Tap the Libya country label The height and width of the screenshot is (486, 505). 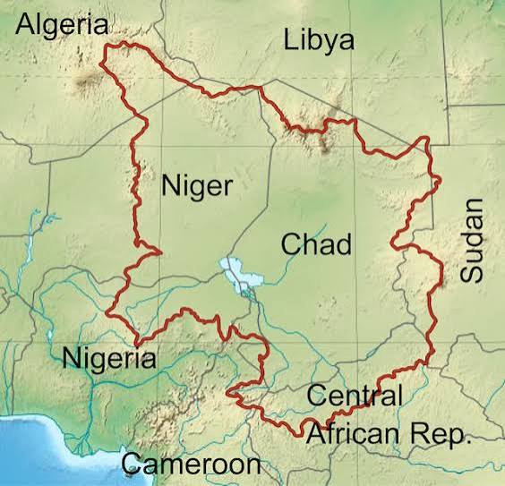(x=318, y=40)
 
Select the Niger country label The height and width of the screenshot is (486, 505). (x=196, y=187)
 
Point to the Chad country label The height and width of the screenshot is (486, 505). (x=315, y=243)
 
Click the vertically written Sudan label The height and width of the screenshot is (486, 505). (x=471, y=241)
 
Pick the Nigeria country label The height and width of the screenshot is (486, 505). (x=109, y=359)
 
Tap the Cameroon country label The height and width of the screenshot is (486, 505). (x=191, y=464)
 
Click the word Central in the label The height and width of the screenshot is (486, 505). (x=355, y=395)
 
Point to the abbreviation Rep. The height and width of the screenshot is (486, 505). (x=443, y=435)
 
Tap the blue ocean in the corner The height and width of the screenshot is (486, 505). (x=36, y=452)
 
